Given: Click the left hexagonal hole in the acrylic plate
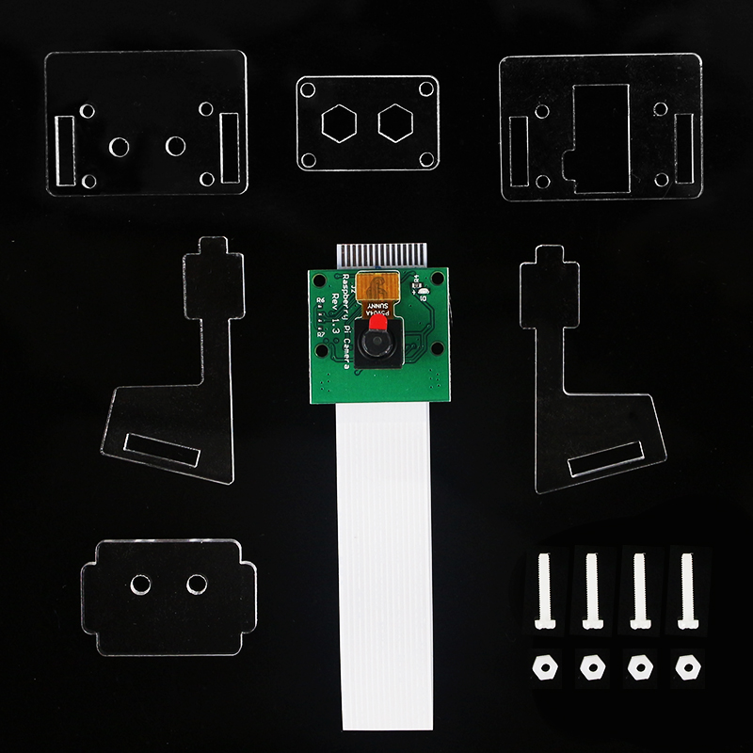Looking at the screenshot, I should pos(337,122).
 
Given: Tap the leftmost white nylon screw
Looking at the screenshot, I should pos(542,593).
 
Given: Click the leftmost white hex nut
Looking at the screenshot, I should pos(542,666).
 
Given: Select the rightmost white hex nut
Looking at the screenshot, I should pos(684,666).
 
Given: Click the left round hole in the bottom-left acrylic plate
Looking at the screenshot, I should pos(141,585).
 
